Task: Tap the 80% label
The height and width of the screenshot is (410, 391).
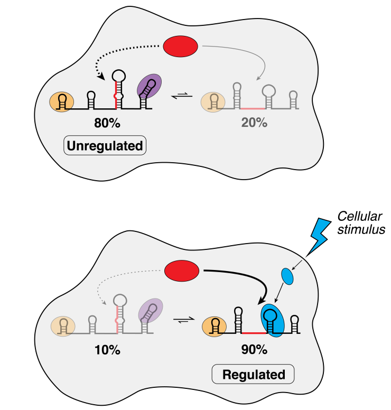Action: click(107, 124)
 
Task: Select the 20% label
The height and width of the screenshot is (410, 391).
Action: click(254, 123)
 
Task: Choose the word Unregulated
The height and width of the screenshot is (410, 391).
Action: click(106, 146)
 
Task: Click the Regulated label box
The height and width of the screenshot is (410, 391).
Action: click(254, 375)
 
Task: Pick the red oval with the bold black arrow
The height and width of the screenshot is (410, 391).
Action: click(182, 272)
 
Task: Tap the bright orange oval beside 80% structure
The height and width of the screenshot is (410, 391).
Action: click(61, 101)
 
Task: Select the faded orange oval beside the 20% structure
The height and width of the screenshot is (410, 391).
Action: click(212, 101)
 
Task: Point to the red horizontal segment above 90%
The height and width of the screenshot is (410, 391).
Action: click(253, 333)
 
